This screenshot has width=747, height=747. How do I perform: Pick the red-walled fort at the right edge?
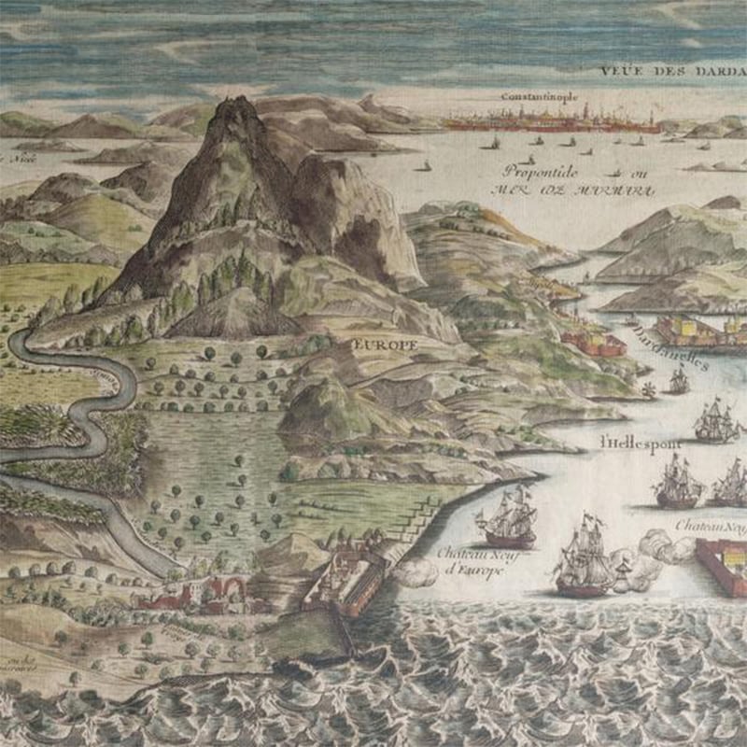721,566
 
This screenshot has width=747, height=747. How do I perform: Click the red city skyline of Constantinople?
551,121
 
